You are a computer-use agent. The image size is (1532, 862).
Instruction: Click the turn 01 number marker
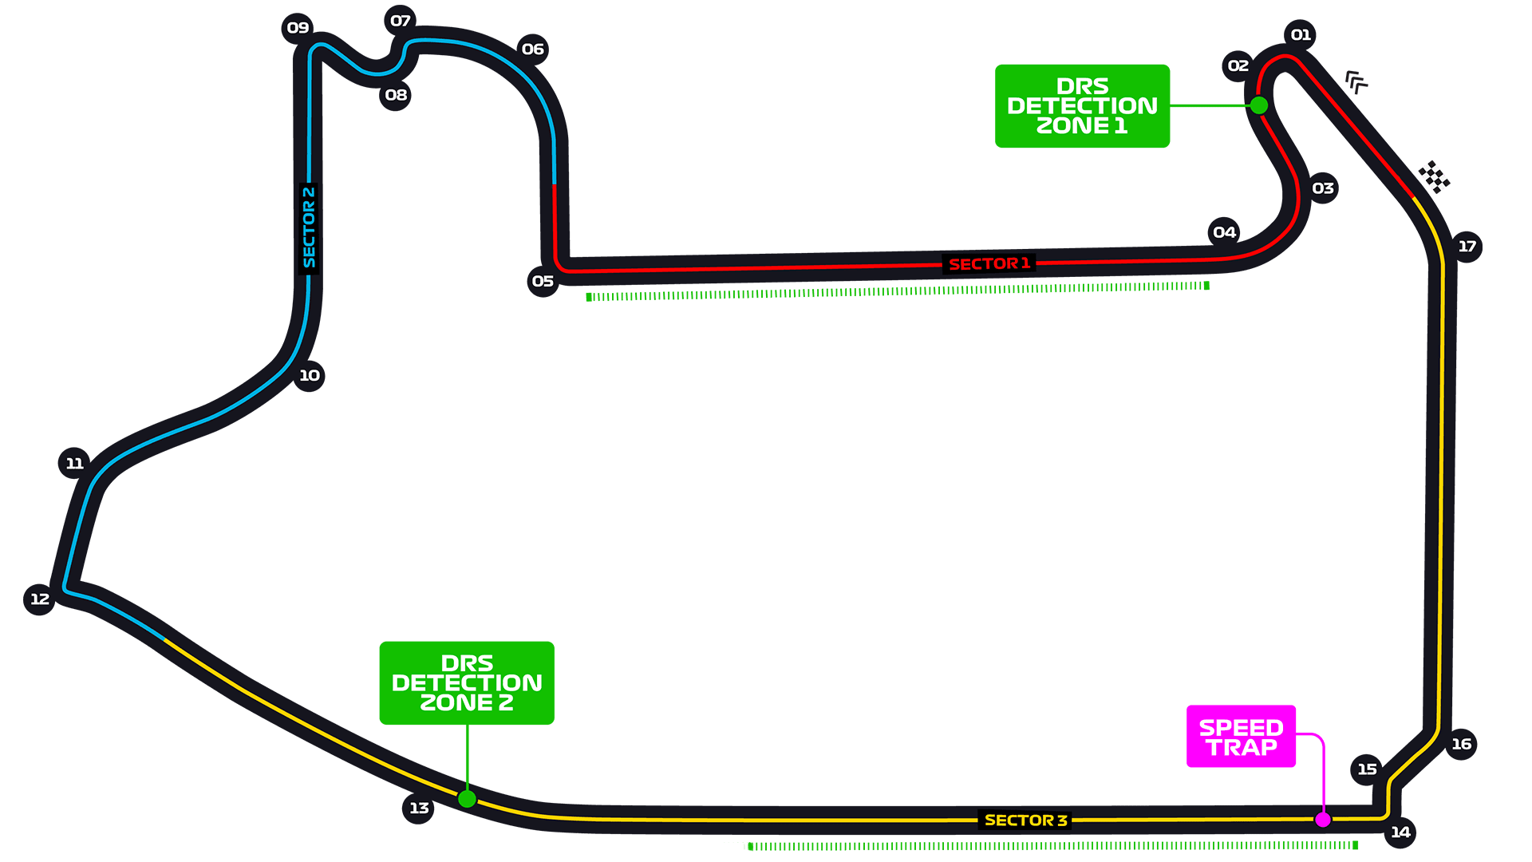[x=1301, y=35]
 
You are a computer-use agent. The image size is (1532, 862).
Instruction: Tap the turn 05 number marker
[x=543, y=281]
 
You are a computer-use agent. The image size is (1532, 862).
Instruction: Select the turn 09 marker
[x=298, y=28]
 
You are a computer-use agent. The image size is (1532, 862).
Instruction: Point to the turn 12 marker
[x=40, y=599]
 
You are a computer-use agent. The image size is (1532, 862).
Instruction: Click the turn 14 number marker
[x=1400, y=832]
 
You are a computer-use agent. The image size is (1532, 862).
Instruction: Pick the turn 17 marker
[x=1467, y=247]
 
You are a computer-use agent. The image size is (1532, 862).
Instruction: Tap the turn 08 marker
[x=396, y=95]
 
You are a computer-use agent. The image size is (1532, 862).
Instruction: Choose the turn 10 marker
[x=309, y=376]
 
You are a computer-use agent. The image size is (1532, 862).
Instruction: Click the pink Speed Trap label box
[x=1241, y=737]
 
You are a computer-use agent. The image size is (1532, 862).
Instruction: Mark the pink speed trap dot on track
[x=1323, y=820]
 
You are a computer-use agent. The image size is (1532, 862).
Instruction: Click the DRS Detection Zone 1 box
[x=1082, y=106]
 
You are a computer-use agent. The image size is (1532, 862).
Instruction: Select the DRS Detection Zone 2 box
[x=467, y=683]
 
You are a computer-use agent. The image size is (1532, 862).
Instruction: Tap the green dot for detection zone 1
[x=1259, y=105]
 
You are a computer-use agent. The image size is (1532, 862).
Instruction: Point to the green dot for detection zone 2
[x=468, y=799]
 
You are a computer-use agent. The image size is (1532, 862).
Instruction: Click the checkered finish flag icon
[x=1434, y=177]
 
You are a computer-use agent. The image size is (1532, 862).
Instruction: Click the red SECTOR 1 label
[x=989, y=264]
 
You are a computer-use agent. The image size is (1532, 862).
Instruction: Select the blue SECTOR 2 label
[x=309, y=228]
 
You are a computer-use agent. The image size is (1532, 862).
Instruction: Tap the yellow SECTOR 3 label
[x=1025, y=820]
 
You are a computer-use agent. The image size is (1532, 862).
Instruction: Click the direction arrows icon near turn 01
[x=1356, y=81]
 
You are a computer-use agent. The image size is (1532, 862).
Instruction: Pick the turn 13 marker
[x=419, y=809]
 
